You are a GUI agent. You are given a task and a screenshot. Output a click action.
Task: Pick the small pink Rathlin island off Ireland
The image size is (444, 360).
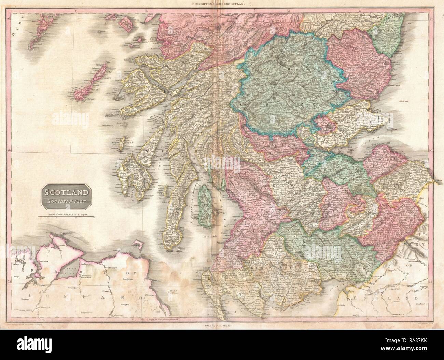139,245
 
